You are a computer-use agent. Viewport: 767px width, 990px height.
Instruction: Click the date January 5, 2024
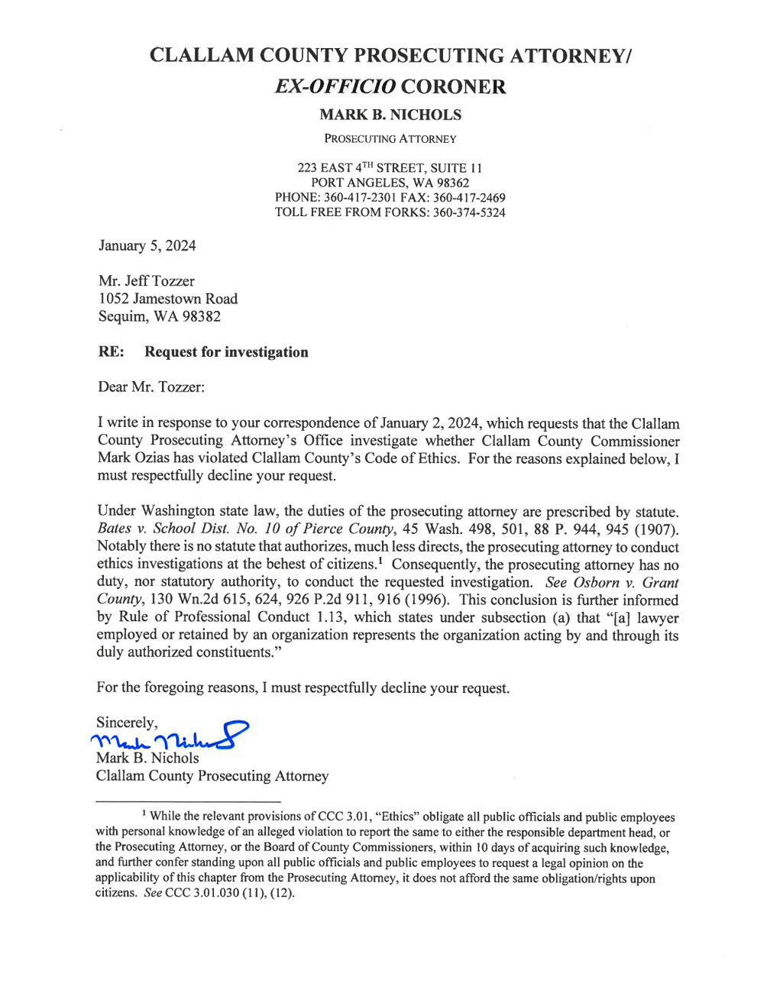point(147,245)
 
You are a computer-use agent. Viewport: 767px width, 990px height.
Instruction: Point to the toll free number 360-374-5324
point(468,212)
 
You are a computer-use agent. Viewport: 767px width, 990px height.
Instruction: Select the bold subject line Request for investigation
point(226,352)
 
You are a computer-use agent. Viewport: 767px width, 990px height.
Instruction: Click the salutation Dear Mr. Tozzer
point(150,387)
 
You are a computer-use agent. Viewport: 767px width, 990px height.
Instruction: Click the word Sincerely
point(127,723)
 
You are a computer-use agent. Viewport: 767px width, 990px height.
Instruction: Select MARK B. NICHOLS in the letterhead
point(390,115)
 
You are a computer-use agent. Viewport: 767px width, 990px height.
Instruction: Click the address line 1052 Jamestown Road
point(167,299)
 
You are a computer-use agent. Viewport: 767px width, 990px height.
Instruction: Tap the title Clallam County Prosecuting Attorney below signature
point(212,776)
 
